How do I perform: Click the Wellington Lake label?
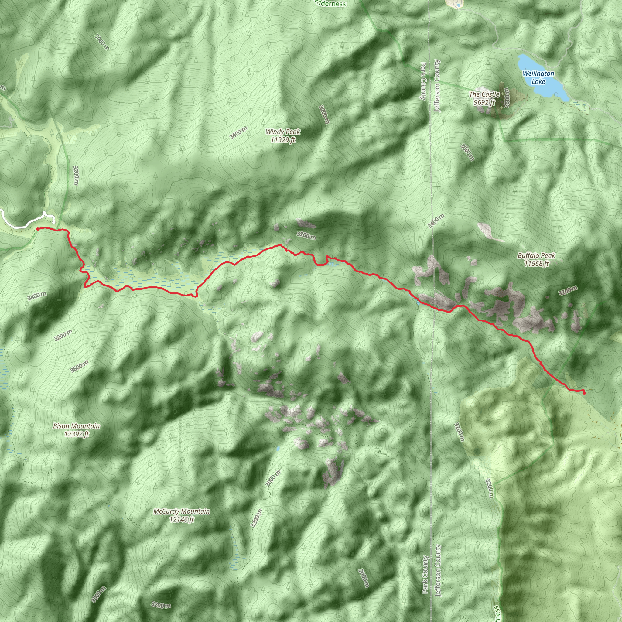(x=538, y=77)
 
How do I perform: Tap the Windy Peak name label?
(x=283, y=132)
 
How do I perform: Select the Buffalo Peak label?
(x=536, y=256)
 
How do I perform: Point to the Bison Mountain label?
(x=76, y=426)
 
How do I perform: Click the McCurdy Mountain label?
(x=182, y=511)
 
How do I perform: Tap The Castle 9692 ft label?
(x=484, y=98)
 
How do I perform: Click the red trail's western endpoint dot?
(x=38, y=229)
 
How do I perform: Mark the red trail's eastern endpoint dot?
(x=584, y=393)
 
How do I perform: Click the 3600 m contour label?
(x=79, y=366)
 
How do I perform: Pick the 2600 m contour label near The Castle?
(x=506, y=98)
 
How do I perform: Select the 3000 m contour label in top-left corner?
(x=102, y=42)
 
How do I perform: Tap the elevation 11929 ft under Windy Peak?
(x=283, y=140)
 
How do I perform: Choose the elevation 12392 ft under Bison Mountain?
(x=76, y=434)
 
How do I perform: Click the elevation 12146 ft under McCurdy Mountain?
(x=182, y=519)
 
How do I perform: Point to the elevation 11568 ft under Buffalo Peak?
(x=536, y=264)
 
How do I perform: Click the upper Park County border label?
(x=423, y=81)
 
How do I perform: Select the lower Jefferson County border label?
(x=438, y=570)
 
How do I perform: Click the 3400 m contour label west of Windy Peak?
(x=238, y=133)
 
